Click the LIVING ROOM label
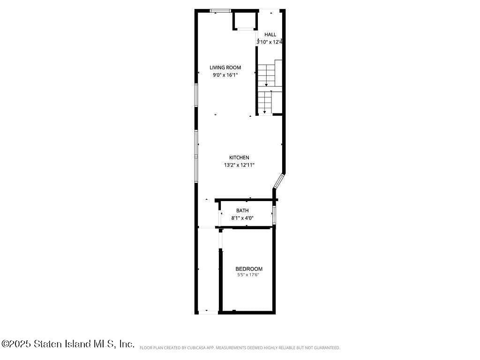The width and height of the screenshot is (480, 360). [x=225, y=67]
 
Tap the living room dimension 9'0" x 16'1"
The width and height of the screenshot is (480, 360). [x=225, y=75]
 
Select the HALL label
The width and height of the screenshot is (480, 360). [x=270, y=35]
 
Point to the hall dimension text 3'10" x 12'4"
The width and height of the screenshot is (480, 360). [x=269, y=42]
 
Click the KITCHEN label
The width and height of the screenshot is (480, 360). [x=239, y=157]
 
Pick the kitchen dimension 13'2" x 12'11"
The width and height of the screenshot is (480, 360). [x=239, y=165]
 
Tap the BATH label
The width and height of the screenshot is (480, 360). [x=242, y=210]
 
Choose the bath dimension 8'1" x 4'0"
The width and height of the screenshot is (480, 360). [x=242, y=218]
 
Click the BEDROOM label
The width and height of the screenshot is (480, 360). [x=249, y=269]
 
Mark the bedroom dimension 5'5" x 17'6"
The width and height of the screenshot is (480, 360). [x=248, y=275]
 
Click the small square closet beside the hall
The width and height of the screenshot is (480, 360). [x=245, y=21]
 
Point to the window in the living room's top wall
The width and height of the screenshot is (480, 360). [x=220, y=10]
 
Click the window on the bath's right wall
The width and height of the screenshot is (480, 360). [x=274, y=214]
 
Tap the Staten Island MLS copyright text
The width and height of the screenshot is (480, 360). [x=67, y=344]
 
